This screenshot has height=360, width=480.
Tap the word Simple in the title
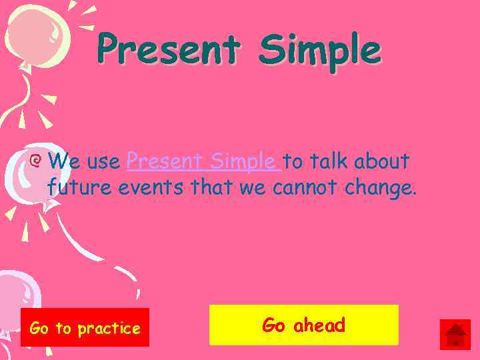coord(319,50)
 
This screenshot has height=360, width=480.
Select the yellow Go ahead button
coord(303,325)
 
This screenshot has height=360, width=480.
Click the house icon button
coord(455,334)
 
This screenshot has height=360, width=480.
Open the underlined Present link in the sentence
coord(164,161)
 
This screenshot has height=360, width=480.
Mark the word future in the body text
coord(80,188)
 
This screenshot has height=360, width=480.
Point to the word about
coord(381,161)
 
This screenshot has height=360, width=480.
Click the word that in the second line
coord(211,188)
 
